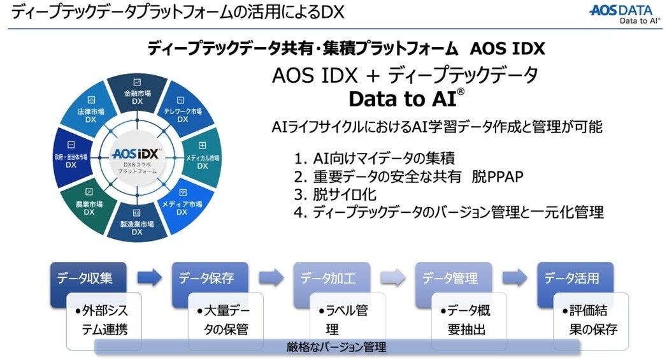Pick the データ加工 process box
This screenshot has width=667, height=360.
click(x=328, y=278)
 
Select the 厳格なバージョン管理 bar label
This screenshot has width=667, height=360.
click(x=336, y=347)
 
